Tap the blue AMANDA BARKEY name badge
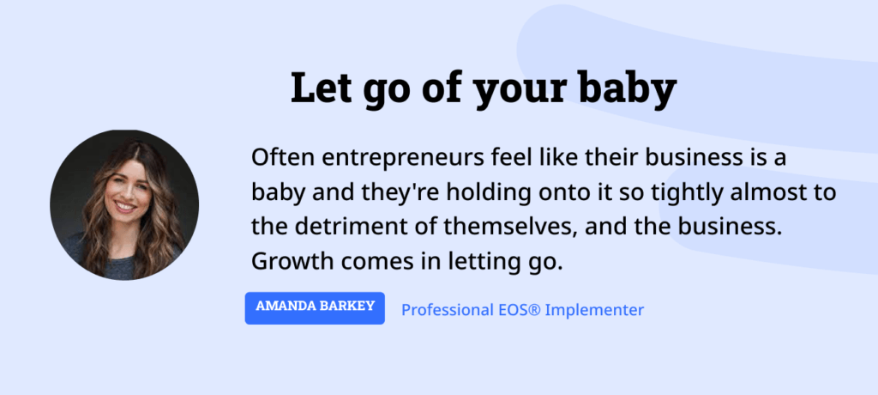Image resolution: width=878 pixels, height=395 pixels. click(315, 307)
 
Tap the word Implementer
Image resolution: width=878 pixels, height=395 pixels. click(597, 309)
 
